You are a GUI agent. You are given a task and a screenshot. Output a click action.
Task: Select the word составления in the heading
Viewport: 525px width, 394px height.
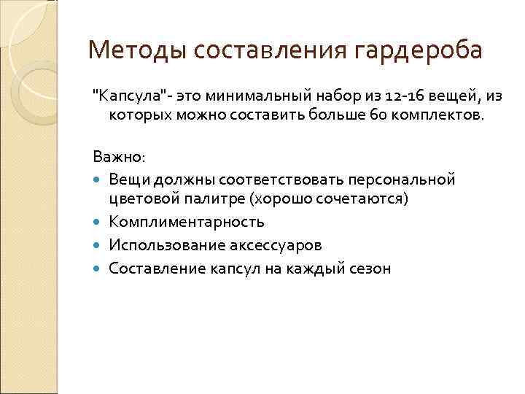click(267, 51)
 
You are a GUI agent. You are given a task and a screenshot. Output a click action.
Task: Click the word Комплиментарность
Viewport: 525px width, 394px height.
click(187, 222)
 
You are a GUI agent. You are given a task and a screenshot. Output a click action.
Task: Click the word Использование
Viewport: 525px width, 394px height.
click(160, 245)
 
